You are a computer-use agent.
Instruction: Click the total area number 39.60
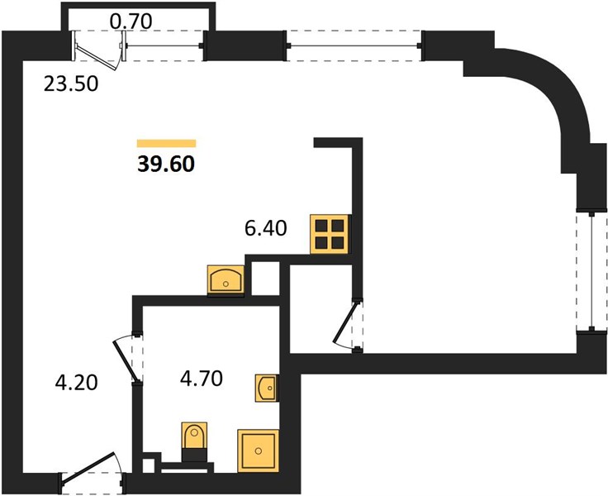(x=166, y=165)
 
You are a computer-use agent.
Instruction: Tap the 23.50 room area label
(x=71, y=83)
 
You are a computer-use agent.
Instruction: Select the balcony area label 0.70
(x=131, y=21)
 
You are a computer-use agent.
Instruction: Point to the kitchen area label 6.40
(x=266, y=228)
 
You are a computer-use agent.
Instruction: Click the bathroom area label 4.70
(x=202, y=379)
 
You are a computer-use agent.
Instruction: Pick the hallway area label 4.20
(x=76, y=383)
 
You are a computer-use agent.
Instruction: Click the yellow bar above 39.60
(x=166, y=143)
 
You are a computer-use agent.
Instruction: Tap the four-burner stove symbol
(x=330, y=234)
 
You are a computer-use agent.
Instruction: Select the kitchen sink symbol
(x=226, y=279)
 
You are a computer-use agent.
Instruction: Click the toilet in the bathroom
(x=194, y=441)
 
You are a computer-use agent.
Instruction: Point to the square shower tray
(x=259, y=451)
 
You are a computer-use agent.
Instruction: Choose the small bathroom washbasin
(x=267, y=388)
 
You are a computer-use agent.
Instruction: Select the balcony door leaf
(x=96, y=58)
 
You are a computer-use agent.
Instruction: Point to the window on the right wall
(x=591, y=272)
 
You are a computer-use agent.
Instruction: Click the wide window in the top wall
(x=354, y=45)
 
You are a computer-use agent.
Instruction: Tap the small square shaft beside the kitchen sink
(x=266, y=279)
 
